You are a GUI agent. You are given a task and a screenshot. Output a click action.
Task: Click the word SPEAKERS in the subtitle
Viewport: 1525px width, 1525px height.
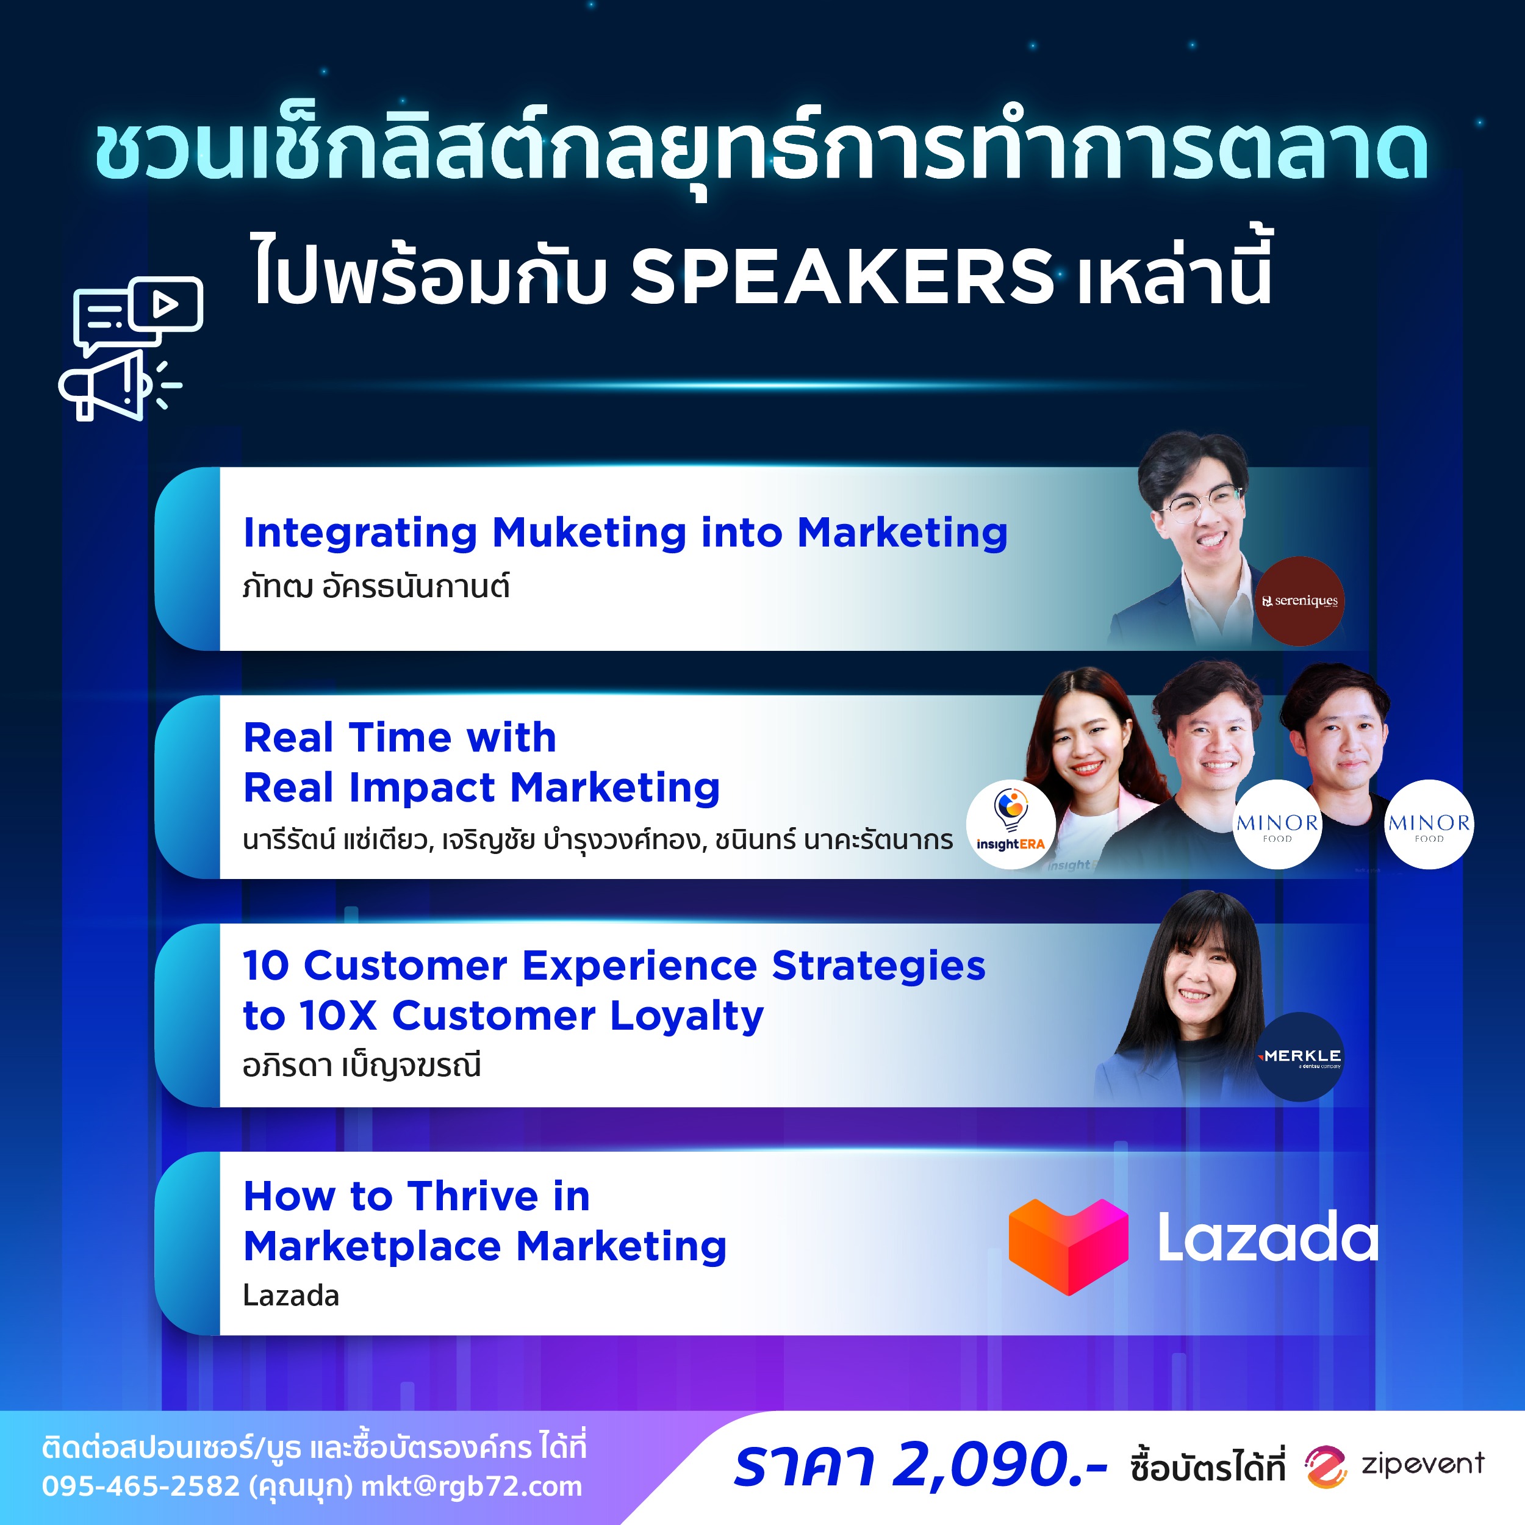click(x=841, y=276)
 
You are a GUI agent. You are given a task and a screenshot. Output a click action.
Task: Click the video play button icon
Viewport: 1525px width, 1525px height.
click(x=166, y=304)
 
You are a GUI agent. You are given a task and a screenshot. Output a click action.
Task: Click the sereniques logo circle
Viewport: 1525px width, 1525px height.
click(x=1299, y=601)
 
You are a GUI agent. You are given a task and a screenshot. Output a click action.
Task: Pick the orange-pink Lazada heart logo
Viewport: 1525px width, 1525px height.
click(x=1068, y=1246)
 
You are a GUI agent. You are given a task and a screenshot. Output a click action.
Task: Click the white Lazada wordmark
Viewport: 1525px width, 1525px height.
click(x=1268, y=1238)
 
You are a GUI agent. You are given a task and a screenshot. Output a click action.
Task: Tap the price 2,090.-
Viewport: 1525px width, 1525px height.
click(x=999, y=1465)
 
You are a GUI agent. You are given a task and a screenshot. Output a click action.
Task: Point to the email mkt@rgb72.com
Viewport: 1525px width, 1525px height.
click(x=472, y=1487)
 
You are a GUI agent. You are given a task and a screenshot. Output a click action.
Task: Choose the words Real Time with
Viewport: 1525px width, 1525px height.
click(x=400, y=737)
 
